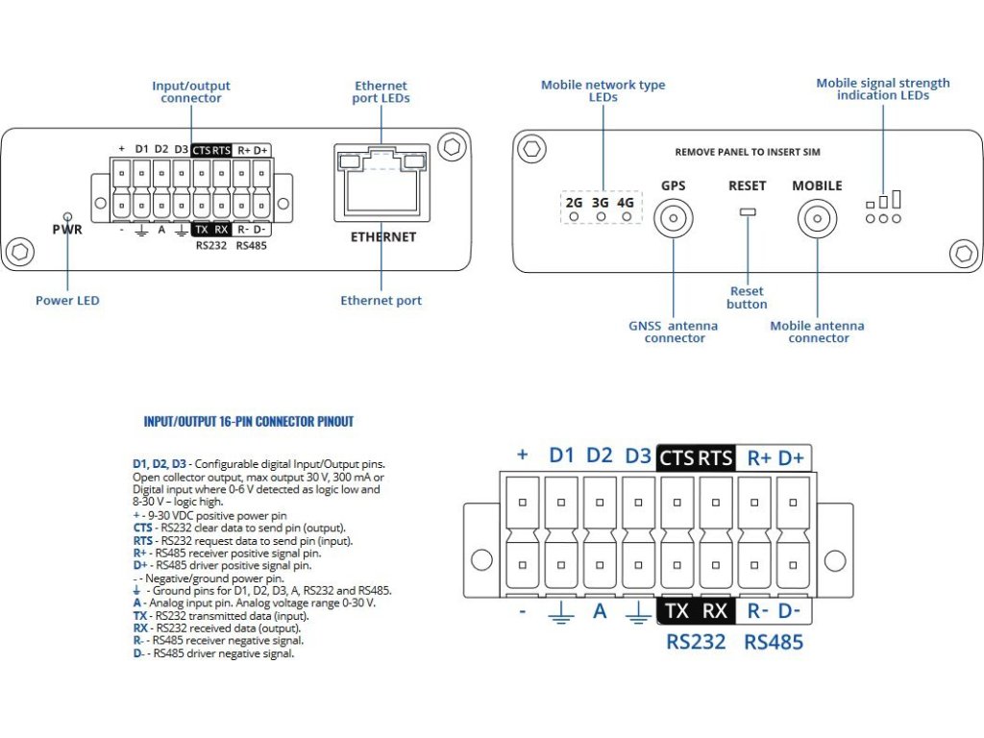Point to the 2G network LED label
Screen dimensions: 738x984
[574, 203]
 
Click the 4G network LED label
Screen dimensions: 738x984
[626, 203]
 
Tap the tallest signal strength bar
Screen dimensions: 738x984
[897, 199]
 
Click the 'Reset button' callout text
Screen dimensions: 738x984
[747, 298]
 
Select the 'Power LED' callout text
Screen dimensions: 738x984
[67, 301]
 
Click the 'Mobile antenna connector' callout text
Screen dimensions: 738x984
[817, 332]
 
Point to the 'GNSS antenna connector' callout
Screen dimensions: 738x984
[674, 332]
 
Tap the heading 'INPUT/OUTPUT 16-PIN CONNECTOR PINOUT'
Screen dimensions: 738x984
[249, 422]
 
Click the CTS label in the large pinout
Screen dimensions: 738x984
[676, 458]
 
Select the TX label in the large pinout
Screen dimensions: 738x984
[677, 610]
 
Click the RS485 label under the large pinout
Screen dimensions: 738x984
[774, 642]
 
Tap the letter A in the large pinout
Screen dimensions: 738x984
[600, 610]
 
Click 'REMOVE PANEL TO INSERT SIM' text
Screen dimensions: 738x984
[748, 152]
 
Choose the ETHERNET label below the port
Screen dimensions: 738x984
[383, 236]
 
